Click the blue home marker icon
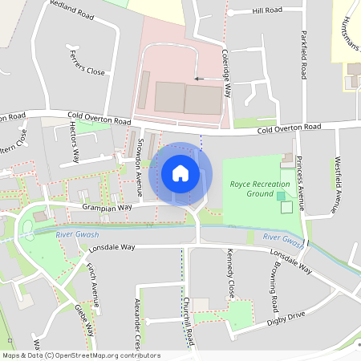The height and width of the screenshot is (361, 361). click(x=180, y=173)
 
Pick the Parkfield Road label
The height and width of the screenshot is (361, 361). click(x=303, y=55)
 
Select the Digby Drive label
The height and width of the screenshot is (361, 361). click(x=286, y=318)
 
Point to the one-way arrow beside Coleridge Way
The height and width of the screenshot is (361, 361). click(x=199, y=79)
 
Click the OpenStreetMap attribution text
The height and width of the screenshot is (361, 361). click(x=81, y=355)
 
